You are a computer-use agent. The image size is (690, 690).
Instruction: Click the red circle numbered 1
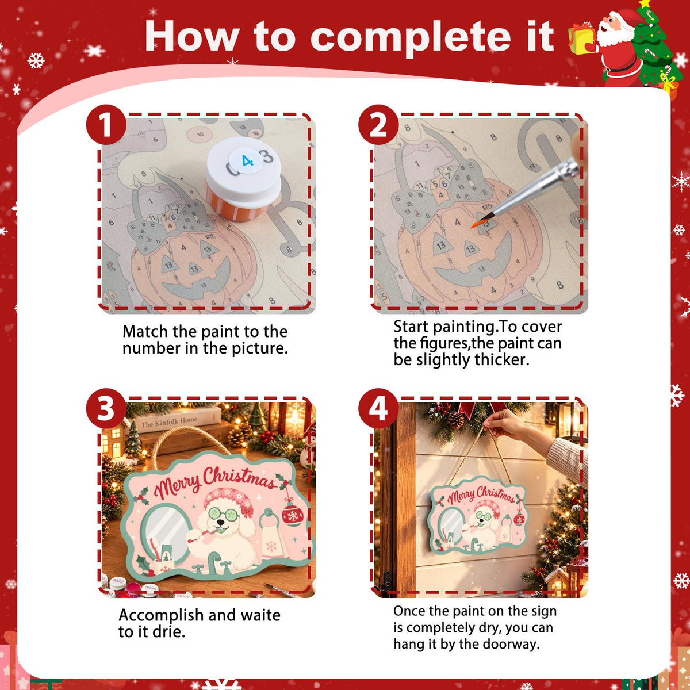point(106,125)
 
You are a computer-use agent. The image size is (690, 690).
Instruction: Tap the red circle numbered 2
point(378,125)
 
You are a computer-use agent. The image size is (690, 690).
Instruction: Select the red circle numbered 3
point(106,408)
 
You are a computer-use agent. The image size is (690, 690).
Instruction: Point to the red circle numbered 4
point(378,408)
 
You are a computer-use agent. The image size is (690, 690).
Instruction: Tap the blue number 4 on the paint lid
point(247,161)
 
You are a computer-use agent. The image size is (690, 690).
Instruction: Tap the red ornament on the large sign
point(293,515)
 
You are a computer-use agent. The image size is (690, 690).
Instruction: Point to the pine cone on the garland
point(455,420)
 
